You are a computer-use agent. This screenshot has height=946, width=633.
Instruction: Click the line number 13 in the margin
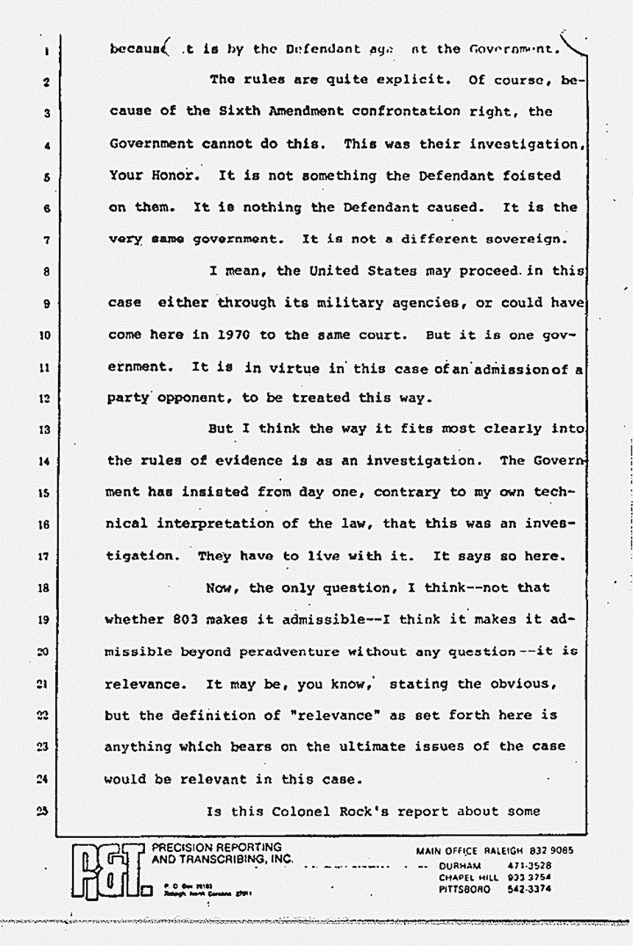click(x=45, y=430)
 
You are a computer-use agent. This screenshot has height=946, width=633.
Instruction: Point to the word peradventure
click(x=304, y=652)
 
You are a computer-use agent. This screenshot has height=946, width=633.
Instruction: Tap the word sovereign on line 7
click(x=523, y=239)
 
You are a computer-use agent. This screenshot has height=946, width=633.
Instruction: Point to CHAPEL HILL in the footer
click(x=468, y=877)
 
